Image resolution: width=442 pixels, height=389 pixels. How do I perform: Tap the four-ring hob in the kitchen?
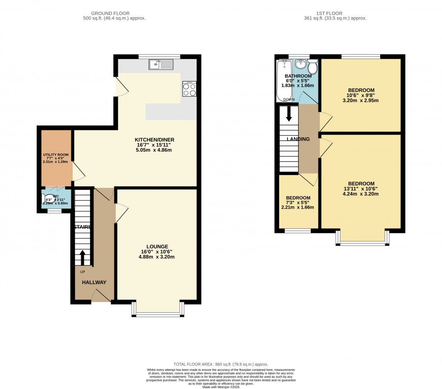[x=189, y=90]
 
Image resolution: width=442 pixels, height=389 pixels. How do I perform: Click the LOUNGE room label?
[x=157, y=246]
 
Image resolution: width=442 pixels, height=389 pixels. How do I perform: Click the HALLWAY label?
[x=94, y=282]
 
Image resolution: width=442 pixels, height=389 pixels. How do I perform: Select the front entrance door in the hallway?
[x=101, y=296]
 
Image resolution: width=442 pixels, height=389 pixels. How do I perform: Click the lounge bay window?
[x=157, y=313]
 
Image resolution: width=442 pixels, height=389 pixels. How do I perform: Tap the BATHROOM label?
[x=298, y=76]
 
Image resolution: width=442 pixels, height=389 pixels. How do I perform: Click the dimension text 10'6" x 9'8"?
[x=361, y=95]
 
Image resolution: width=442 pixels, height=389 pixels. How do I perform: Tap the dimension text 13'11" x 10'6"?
[x=360, y=189]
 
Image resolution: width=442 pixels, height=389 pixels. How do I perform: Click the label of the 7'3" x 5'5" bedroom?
[x=298, y=198]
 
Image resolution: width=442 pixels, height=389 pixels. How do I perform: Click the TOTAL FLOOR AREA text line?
[x=221, y=364]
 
